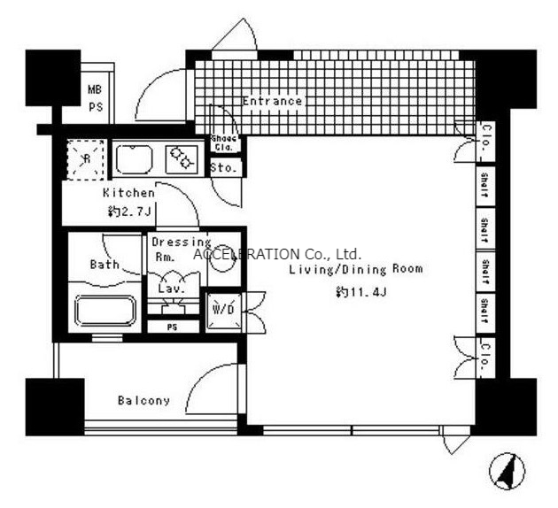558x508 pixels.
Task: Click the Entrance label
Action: pyautogui.click(x=272, y=102)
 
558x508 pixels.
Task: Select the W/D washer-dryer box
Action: pyautogui.click(x=221, y=311)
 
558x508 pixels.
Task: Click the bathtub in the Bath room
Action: pyautogui.click(x=105, y=312)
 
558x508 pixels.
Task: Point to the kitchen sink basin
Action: pyautogui.click(x=135, y=158)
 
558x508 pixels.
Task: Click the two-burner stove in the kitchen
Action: pyautogui.click(x=182, y=158)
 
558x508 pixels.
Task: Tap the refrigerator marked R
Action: pyautogui.click(x=84, y=159)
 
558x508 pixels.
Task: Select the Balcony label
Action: pyautogui.click(x=143, y=400)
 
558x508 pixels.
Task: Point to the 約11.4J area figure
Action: pyautogui.click(x=361, y=292)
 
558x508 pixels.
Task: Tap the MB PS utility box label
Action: pyautogui.click(x=95, y=97)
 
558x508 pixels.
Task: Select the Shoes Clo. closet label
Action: pyautogui.click(x=221, y=143)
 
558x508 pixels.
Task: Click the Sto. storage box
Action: pyautogui.click(x=221, y=166)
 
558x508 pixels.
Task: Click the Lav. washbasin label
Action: pyautogui.click(x=170, y=288)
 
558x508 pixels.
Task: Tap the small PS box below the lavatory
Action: pyautogui.click(x=172, y=327)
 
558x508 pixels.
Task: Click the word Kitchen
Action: pyautogui.click(x=128, y=193)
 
